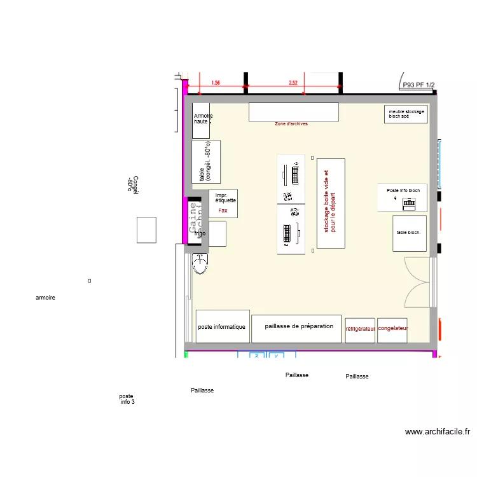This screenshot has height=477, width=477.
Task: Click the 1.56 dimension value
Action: [216, 83]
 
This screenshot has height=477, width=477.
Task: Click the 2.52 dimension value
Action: [293, 83]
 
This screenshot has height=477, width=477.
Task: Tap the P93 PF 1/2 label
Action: [417, 83]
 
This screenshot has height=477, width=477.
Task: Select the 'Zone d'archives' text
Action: [291, 124]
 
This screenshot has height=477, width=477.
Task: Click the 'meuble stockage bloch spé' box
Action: [406, 114]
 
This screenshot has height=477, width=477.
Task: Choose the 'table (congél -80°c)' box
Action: [206, 162]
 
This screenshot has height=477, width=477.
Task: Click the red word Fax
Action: [223, 210]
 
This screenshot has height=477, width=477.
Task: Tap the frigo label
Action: [200, 234]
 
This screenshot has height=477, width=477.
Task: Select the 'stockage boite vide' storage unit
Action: [331, 203]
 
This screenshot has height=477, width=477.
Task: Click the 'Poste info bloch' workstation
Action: [403, 197]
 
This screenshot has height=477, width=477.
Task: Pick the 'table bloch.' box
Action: [409, 233]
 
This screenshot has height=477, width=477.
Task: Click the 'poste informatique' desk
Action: [222, 326]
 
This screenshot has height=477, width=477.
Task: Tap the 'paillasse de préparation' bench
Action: [296, 327]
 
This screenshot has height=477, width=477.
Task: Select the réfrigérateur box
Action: [360, 329]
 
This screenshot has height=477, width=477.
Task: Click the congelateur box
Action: [393, 329]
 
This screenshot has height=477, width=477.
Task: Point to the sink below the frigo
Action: [200, 264]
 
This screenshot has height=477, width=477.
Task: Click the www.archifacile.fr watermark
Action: [438, 431]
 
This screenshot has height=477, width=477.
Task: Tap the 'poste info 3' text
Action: [127, 399]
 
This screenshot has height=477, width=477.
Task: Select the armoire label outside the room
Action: [46, 298]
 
